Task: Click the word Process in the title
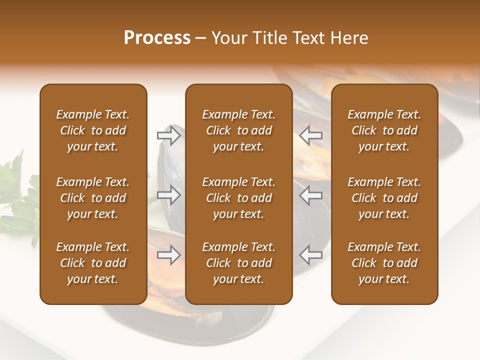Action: (157, 38)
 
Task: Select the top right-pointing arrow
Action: (168, 135)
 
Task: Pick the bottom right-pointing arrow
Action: (168, 255)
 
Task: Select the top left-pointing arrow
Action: (311, 135)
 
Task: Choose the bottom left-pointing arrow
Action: (311, 255)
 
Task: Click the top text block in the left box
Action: (93, 130)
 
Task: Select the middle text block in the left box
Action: (93, 198)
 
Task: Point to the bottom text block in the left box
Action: (93, 263)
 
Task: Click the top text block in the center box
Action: (238, 130)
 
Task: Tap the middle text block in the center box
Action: (238, 198)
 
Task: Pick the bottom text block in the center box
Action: (238, 263)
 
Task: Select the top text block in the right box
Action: (384, 130)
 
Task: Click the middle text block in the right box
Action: (384, 198)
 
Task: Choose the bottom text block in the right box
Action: (384, 263)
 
